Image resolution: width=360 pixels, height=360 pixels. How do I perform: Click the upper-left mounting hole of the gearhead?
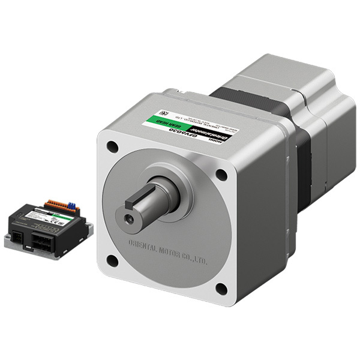tap(112, 145)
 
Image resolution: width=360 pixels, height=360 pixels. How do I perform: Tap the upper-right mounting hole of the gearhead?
tap(221, 175)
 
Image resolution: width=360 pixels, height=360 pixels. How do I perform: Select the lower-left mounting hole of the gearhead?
tap(112, 260)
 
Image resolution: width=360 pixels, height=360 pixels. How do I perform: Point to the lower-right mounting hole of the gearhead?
tap(221, 289)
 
